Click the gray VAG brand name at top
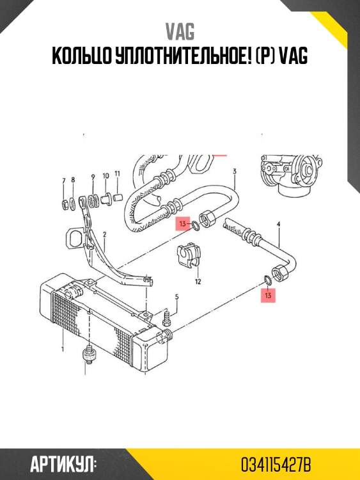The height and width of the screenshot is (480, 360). [x=180, y=31]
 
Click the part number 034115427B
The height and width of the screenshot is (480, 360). [x=276, y=465]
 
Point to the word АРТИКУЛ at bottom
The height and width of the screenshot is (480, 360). [x=62, y=465]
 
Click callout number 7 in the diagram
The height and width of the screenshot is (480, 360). [x=63, y=181]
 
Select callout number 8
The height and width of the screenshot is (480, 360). [x=73, y=180]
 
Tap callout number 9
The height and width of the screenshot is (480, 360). [x=93, y=177]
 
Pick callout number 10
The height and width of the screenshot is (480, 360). [x=106, y=176]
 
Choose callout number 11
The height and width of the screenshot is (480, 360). [x=118, y=174]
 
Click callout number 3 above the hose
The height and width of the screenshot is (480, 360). [x=235, y=171]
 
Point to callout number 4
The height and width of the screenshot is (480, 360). [x=278, y=225]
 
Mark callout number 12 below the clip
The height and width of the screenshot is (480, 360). [x=198, y=282]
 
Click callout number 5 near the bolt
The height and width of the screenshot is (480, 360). [x=176, y=296]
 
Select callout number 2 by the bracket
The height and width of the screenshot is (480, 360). [x=105, y=235]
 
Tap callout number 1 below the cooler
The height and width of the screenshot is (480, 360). [x=63, y=349]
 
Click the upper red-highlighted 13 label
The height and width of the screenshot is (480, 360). [x=183, y=223]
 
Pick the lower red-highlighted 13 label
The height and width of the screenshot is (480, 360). [x=268, y=296]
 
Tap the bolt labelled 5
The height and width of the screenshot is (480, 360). [x=167, y=317]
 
